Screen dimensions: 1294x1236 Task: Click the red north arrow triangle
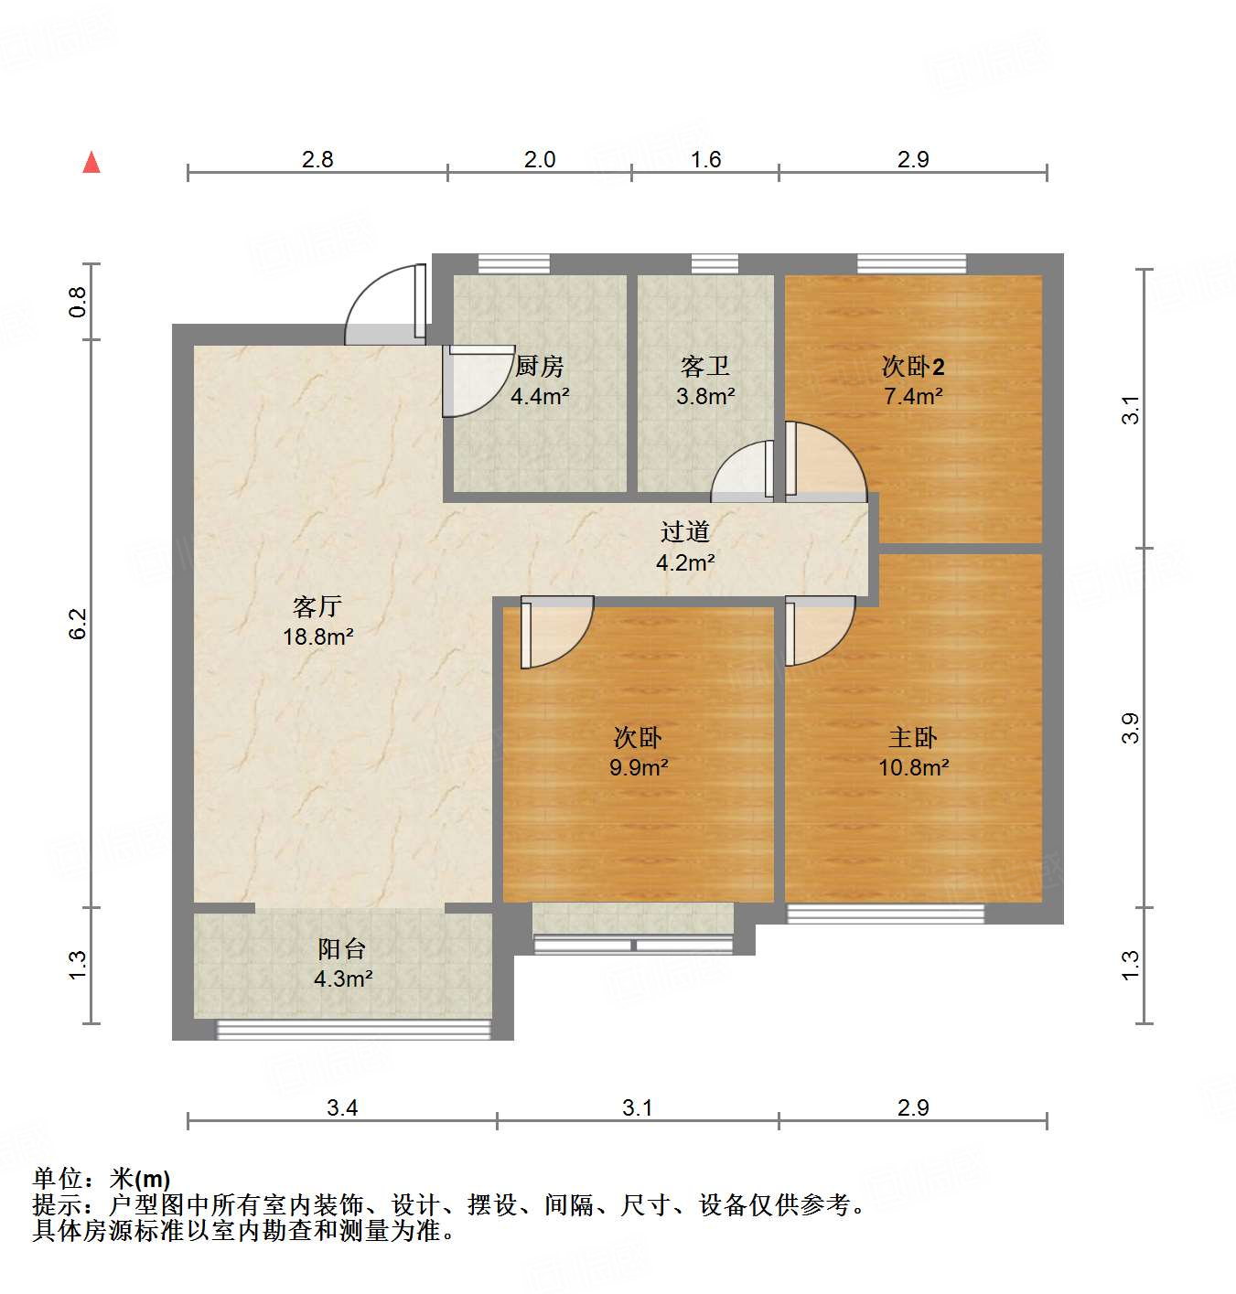pyautogui.click(x=91, y=162)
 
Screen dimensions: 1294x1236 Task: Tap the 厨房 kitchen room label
pyautogui.click(x=540, y=367)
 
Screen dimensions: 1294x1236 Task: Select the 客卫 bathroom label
pyautogui.click(x=705, y=367)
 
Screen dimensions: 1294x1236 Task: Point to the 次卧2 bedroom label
pyautogui.click(x=913, y=367)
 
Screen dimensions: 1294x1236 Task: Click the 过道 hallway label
pyautogui.click(x=685, y=531)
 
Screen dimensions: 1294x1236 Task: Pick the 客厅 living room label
pyautogui.click(x=317, y=606)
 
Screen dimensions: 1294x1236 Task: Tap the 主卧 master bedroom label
pyautogui.click(x=913, y=737)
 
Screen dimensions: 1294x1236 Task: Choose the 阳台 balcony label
pyautogui.click(x=342, y=949)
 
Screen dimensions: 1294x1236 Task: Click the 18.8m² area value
pyautogui.click(x=318, y=636)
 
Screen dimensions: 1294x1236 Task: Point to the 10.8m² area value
pyautogui.click(x=913, y=767)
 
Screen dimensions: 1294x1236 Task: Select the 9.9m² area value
pyautogui.click(x=639, y=767)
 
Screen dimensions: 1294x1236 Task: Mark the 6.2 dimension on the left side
pyautogui.click(x=78, y=623)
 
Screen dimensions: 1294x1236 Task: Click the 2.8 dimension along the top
pyautogui.click(x=317, y=159)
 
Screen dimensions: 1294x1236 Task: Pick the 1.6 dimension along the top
pyautogui.click(x=705, y=159)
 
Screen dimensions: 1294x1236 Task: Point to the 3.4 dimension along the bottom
pyautogui.click(x=342, y=1107)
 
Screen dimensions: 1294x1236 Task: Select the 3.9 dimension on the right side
pyautogui.click(x=1131, y=728)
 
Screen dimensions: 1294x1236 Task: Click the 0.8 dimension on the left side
pyautogui.click(x=78, y=302)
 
